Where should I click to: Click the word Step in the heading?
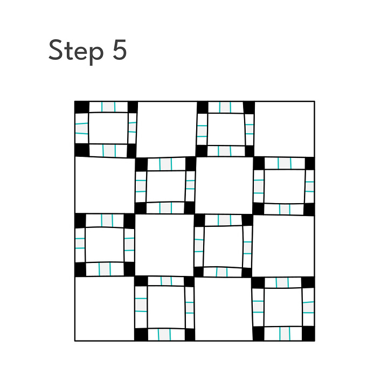76,51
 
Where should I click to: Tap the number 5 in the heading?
120,50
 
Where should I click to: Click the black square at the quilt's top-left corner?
82,107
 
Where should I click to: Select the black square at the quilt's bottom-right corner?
308,334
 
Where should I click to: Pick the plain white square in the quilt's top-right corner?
285,129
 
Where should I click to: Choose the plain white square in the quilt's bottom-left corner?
105,309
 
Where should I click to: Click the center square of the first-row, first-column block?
108,128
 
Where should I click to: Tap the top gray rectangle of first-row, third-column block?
225,107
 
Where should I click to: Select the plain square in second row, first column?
105,185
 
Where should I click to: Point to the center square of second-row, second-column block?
166,186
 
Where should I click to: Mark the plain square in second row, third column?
224,185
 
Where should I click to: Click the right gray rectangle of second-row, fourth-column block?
309,186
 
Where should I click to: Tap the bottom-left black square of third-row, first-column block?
80,269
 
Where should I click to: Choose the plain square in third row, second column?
164,245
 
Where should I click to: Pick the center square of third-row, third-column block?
223,246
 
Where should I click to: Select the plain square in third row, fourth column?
283,246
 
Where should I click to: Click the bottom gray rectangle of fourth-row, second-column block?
164,334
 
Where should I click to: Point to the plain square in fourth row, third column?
224,309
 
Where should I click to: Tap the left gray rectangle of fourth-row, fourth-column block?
258,307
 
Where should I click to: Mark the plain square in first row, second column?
167,129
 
